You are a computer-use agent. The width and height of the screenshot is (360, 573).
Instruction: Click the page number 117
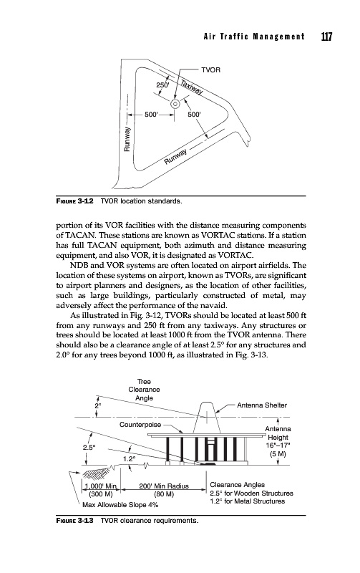pyautogui.click(x=326, y=37)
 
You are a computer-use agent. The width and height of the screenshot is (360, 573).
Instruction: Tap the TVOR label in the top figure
pyautogui.click(x=210, y=69)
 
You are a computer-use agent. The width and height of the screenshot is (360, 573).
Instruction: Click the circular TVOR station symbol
pyautogui.click(x=175, y=104)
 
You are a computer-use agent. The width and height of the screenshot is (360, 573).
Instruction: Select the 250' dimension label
pyautogui.click(x=163, y=85)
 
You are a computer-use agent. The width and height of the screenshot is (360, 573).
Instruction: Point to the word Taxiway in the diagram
pyautogui.click(x=191, y=87)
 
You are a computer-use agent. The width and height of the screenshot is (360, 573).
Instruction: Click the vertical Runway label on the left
pyautogui.click(x=127, y=139)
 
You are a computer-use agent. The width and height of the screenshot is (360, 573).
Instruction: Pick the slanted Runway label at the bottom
pyautogui.click(x=175, y=157)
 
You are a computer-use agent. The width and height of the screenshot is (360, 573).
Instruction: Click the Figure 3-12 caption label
pyautogui.click(x=75, y=201)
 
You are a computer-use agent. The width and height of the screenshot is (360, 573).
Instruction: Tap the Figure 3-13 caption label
pyautogui.click(x=75, y=521)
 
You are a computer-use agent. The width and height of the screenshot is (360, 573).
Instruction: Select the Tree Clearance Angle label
pyautogui.click(x=144, y=390)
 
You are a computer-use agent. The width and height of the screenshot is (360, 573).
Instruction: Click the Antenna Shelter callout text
pyautogui.click(x=262, y=405)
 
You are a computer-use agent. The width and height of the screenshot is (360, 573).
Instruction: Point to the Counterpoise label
pyautogui.click(x=140, y=424)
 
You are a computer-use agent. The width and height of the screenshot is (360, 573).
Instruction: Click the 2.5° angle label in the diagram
pyautogui.click(x=89, y=447)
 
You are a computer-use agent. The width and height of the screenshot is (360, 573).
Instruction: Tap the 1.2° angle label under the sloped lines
pyautogui.click(x=129, y=458)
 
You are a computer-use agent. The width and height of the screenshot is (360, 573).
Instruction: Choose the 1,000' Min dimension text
pyautogui.click(x=100, y=486)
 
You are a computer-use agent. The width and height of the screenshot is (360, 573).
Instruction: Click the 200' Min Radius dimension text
pyautogui.click(x=164, y=486)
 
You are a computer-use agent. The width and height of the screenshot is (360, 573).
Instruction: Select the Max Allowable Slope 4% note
pyautogui.click(x=120, y=505)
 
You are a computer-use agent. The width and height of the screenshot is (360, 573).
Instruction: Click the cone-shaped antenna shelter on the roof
pyautogui.click(x=206, y=418)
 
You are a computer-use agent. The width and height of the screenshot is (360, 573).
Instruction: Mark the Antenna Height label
pyautogui.click(x=278, y=433)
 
